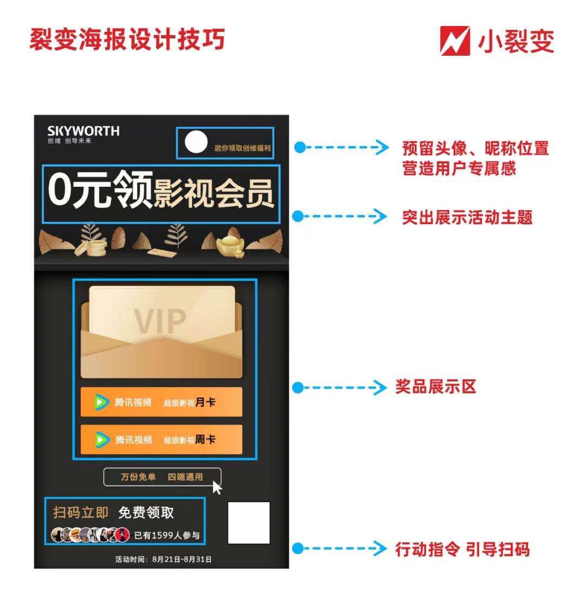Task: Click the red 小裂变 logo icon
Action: tap(455, 41)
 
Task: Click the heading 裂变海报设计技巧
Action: tap(127, 40)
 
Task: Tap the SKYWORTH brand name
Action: tap(83, 131)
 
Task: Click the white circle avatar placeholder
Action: tap(196, 142)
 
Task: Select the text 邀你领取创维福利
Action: tap(243, 148)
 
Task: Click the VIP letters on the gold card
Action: tap(160, 321)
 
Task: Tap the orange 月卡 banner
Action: tap(161, 402)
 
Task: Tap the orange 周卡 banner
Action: tap(161, 439)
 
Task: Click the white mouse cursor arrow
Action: tap(217, 488)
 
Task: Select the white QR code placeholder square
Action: tap(249, 523)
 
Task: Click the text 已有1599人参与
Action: tap(167, 535)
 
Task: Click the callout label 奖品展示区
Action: tap(436, 387)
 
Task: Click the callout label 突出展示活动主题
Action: tap(467, 217)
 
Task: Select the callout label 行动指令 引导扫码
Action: tap(462, 549)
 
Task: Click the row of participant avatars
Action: tap(90, 535)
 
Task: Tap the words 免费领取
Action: tap(146, 513)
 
